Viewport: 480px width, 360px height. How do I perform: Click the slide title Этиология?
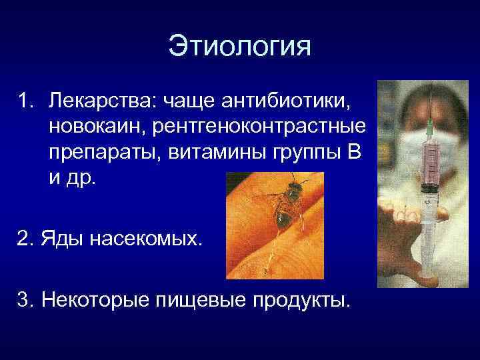point(239,47)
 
